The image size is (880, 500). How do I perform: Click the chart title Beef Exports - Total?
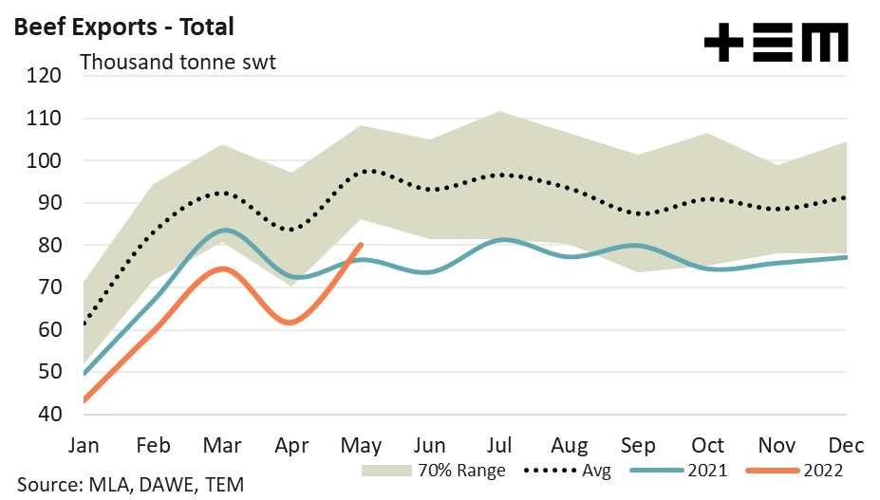tap(122, 27)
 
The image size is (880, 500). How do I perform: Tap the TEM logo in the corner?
tap(776, 43)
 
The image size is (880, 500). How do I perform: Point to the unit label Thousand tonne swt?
tap(178, 63)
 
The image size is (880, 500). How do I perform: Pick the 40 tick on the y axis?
tap(48, 415)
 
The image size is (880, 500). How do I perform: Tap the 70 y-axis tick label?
tap(48, 287)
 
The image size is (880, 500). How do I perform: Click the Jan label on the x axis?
tap(84, 444)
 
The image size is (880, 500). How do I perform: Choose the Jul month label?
tap(500, 444)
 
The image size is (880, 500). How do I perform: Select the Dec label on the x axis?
tap(845, 444)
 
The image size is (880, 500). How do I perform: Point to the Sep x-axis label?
tap(638, 444)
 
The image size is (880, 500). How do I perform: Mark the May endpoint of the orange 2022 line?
tap(361, 244)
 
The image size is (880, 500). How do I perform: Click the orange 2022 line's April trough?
tap(290, 323)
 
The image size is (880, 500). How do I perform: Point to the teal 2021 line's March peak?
tap(222, 231)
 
